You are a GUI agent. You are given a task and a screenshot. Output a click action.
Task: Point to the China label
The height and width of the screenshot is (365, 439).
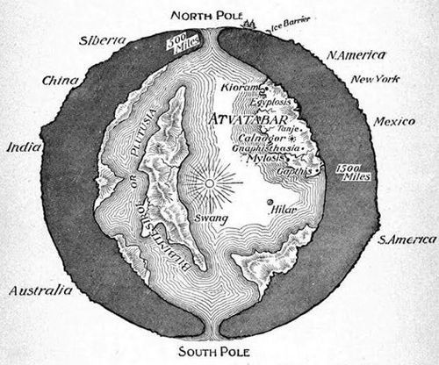[x=61, y=82]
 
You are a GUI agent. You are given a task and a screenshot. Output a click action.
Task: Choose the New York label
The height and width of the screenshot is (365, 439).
[x=377, y=80]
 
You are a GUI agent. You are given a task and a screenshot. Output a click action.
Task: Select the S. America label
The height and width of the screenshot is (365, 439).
[x=406, y=239]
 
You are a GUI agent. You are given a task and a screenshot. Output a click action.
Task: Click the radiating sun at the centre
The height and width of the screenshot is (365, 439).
[x=210, y=182]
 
